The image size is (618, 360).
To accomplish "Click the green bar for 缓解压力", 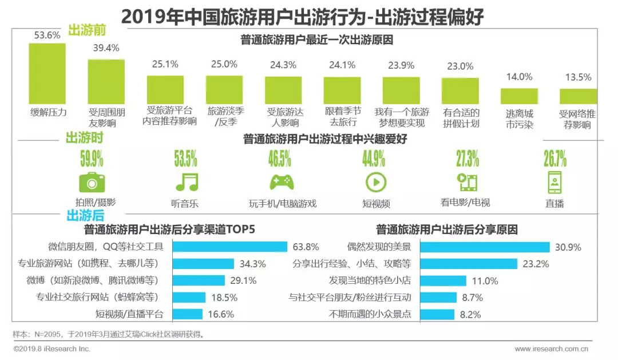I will click(x=47, y=74).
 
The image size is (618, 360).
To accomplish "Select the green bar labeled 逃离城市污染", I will click(x=519, y=96).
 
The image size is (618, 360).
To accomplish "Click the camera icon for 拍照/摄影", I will click(x=92, y=182).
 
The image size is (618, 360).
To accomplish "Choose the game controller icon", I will click(x=282, y=182).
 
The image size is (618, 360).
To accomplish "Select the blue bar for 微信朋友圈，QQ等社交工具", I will click(x=229, y=247).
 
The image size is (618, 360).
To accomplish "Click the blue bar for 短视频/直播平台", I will click(x=187, y=314).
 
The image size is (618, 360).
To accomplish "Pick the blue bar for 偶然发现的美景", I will click(x=485, y=247).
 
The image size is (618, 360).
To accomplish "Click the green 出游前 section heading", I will click(x=86, y=30).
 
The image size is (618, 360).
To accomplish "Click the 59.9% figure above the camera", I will click(x=92, y=157).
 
